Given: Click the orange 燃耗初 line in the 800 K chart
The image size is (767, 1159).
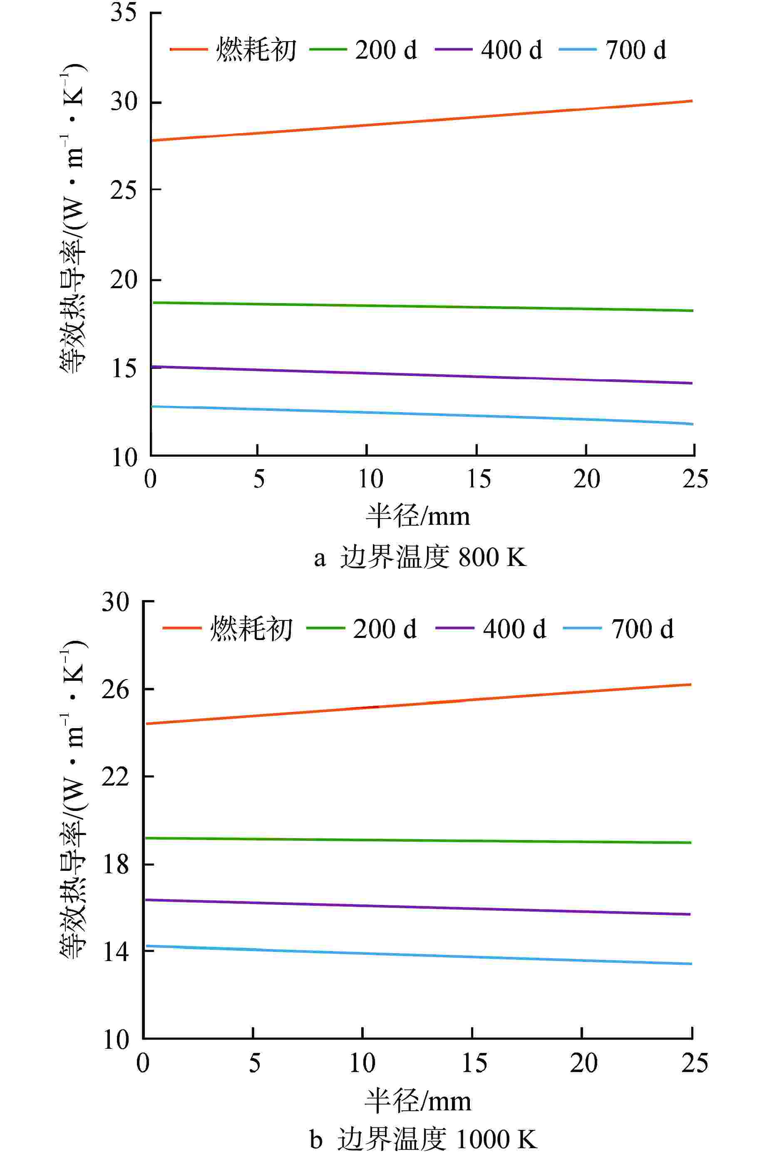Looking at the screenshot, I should pyautogui.click(x=421, y=121).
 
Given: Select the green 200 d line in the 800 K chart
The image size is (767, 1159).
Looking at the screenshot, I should pyautogui.click(x=421, y=306).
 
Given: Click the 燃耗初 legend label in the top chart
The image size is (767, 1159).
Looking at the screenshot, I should pyautogui.click(x=256, y=50).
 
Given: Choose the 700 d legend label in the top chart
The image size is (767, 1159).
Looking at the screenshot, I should pyautogui.click(x=635, y=50).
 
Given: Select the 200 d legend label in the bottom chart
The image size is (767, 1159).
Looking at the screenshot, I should pyautogui.click(x=385, y=629).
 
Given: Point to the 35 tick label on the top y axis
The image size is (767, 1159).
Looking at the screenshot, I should pyautogui.click(x=123, y=13).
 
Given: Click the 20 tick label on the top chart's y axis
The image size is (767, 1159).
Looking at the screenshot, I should pyautogui.click(x=123, y=280).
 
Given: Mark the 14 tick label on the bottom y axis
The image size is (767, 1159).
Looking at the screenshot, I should pyautogui.click(x=115, y=952).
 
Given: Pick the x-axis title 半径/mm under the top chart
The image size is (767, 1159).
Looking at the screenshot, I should pyautogui.click(x=418, y=516).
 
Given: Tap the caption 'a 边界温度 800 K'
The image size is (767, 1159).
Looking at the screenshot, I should pyautogui.click(x=421, y=557).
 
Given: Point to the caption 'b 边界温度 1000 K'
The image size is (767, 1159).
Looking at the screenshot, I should pyautogui.click(x=423, y=1139).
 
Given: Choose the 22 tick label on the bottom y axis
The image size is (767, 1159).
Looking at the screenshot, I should pyautogui.click(x=115, y=777).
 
